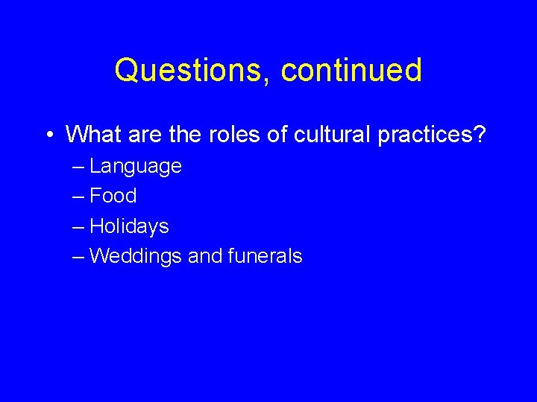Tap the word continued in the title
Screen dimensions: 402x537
click(352, 71)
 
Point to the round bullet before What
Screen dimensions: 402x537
click(48, 135)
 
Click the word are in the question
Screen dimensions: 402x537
click(145, 134)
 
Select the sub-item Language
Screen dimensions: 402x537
click(135, 167)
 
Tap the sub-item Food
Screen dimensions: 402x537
click(113, 196)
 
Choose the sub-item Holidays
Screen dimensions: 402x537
click(129, 226)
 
